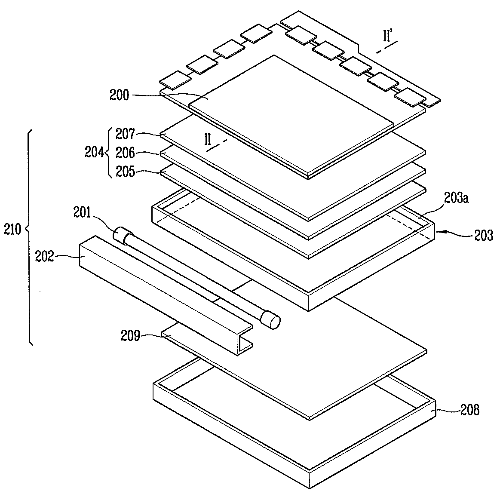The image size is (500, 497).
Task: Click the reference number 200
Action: point(119,95)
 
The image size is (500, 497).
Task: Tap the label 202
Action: point(45,257)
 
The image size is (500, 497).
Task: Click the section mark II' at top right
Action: point(389,37)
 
